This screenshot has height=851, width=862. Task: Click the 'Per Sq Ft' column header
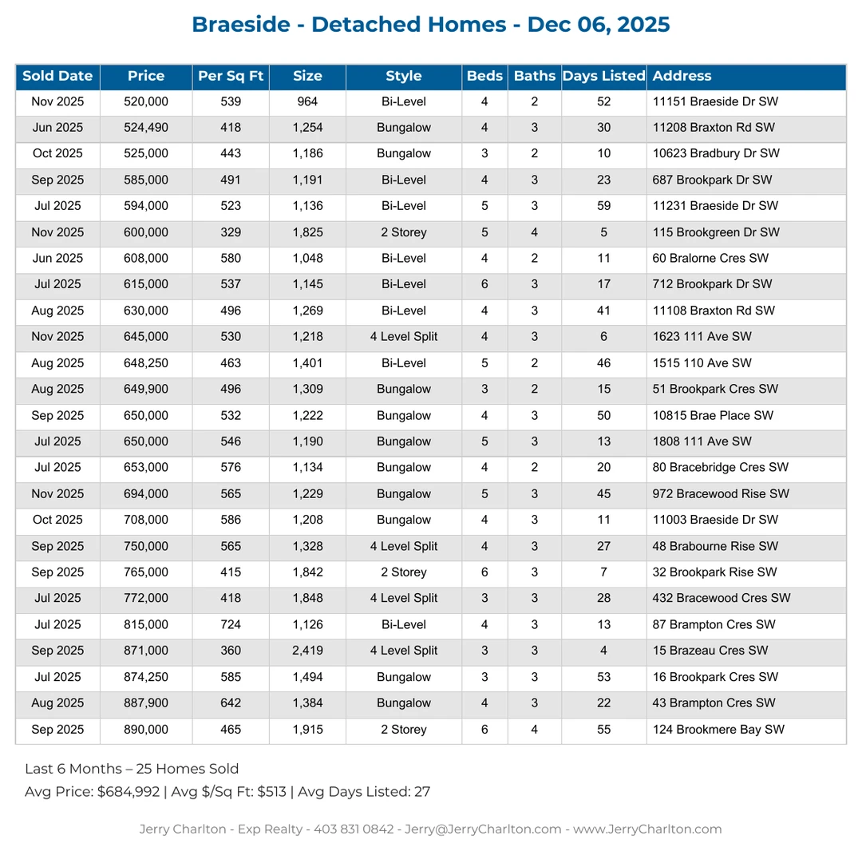[231, 77]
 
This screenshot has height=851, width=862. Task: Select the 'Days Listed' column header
[603, 77]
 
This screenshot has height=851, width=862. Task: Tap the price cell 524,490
[146, 128]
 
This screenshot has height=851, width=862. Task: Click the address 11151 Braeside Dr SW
[715, 101]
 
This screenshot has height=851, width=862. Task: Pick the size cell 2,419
[307, 651]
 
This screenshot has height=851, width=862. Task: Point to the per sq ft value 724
[231, 624]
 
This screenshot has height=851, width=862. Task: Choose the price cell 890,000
[146, 730]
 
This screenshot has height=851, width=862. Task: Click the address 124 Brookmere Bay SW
[718, 730]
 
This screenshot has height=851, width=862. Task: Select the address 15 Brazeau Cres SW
[710, 651]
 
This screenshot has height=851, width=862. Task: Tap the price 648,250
[146, 363]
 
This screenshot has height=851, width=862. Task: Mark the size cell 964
[307, 101]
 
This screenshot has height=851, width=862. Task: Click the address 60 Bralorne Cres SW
[710, 259]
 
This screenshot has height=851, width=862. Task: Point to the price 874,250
[146, 677]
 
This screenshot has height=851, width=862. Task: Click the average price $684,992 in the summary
[128, 792]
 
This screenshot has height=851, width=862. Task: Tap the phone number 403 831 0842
[354, 829]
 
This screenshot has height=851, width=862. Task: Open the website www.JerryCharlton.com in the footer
[647, 829]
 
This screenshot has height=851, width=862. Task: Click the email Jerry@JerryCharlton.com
[483, 829]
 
